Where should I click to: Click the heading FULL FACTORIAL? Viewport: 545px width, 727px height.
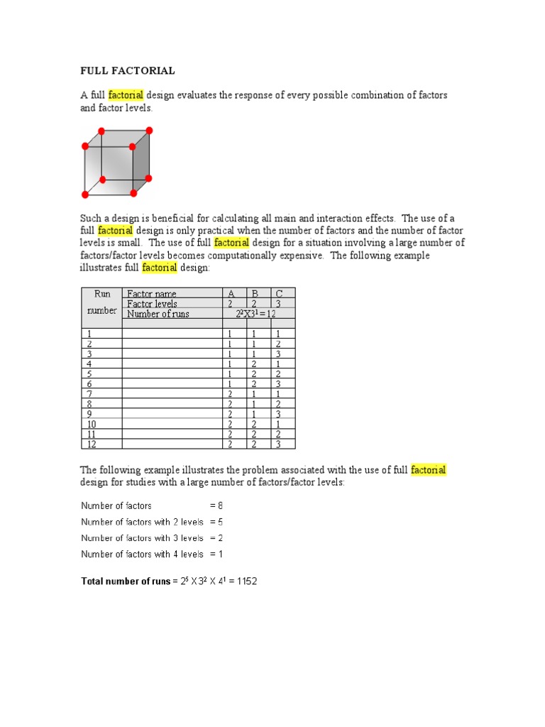pos(127,71)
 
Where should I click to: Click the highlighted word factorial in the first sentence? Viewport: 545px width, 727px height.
pos(126,94)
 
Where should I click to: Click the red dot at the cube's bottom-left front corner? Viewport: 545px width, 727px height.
pos(85,195)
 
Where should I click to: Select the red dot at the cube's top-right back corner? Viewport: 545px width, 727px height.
pos(149,131)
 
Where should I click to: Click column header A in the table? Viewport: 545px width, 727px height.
pos(231,293)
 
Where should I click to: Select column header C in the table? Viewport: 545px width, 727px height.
pos(280,293)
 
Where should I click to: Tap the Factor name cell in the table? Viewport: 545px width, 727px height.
pos(151,293)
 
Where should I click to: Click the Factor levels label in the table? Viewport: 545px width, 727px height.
pos(152,303)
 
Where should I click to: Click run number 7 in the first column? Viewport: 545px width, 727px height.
pos(89,393)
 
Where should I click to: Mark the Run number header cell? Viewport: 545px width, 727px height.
pos(101,302)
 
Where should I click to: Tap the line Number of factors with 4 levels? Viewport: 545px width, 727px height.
pos(142,554)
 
